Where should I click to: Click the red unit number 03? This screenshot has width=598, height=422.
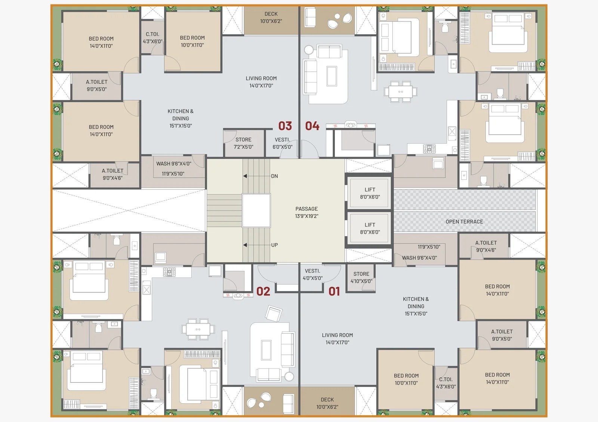[285, 126]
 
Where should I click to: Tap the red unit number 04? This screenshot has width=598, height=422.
[312, 126]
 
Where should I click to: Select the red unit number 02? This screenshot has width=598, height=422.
[263, 291]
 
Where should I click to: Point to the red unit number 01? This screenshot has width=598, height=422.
[334, 291]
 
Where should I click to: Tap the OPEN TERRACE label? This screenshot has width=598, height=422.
[464, 222]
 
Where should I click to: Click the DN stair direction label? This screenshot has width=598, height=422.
[274, 176]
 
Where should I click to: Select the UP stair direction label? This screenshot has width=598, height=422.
[274, 245]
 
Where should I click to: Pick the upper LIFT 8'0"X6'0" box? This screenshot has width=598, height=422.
[370, 193]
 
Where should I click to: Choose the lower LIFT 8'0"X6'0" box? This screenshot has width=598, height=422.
[370, 228]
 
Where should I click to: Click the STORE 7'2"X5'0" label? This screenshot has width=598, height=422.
[243, 143]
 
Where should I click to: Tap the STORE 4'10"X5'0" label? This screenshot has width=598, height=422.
[361, 278]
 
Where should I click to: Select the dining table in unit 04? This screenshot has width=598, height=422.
[400, 92]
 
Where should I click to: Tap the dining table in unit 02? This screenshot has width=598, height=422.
[198, 329]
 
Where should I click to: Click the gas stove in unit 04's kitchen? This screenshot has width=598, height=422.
[429, 149]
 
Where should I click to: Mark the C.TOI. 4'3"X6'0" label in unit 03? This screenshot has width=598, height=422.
[152, 38]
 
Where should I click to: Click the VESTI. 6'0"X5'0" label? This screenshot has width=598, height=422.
[283, 143]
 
